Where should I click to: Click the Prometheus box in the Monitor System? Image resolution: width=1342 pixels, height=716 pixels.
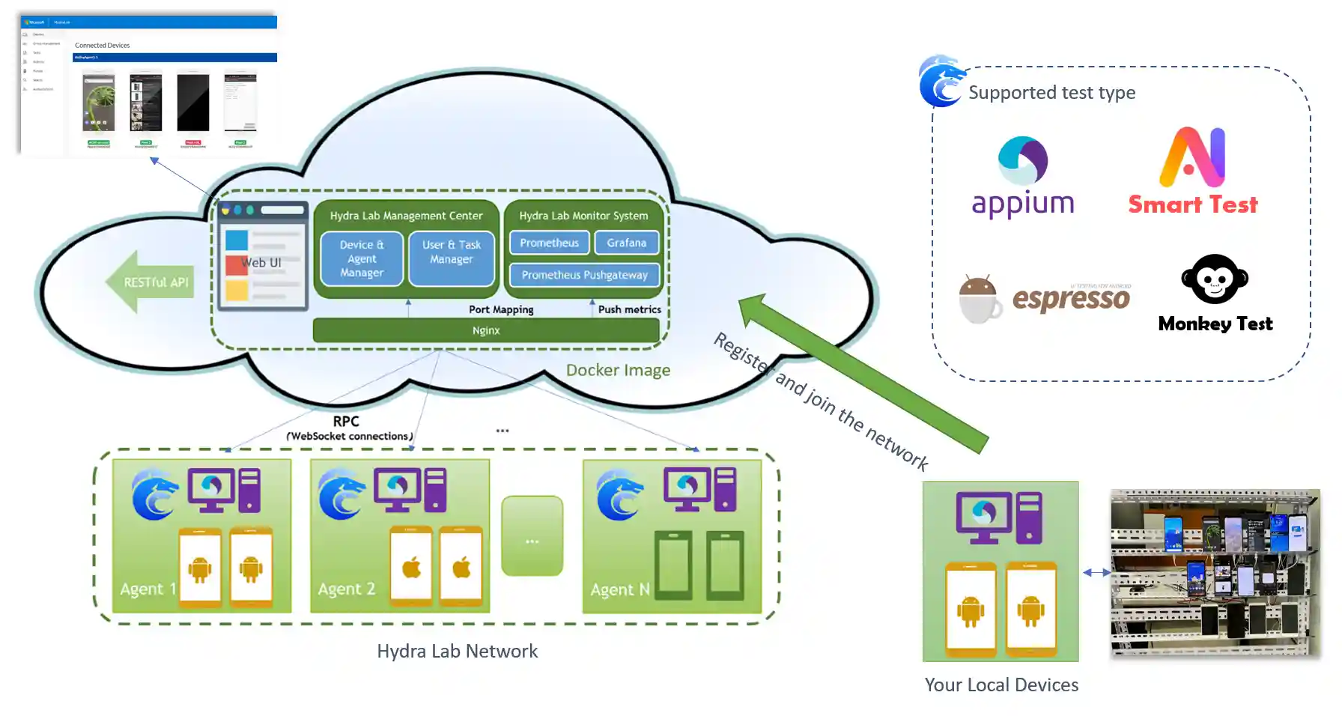(549, 243)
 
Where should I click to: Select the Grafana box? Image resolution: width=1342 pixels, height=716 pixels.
(626, 243)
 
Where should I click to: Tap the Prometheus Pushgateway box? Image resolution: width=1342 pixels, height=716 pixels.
(584, 275)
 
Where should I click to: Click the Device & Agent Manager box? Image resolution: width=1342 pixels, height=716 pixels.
(362, 259)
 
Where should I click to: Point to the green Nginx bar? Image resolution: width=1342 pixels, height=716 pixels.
(486, 330)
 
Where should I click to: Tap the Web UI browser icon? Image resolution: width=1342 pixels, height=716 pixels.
(262, 255)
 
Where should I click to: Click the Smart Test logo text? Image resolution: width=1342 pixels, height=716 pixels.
(1193, 204)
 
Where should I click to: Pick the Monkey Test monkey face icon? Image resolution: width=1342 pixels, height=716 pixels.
(1215, 279)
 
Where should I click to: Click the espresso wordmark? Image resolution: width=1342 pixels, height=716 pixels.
(1071, 299)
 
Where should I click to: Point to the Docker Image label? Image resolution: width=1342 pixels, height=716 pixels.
(618, 370)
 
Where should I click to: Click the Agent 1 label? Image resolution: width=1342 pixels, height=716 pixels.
(148, 589)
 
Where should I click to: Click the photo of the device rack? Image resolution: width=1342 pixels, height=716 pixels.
(1215, 574)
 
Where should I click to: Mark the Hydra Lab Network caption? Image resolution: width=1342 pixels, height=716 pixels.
(457, 652)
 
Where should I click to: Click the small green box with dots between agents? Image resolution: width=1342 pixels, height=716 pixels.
(532, 536)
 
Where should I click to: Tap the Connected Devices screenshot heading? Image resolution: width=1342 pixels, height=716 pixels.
(103, 45)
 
